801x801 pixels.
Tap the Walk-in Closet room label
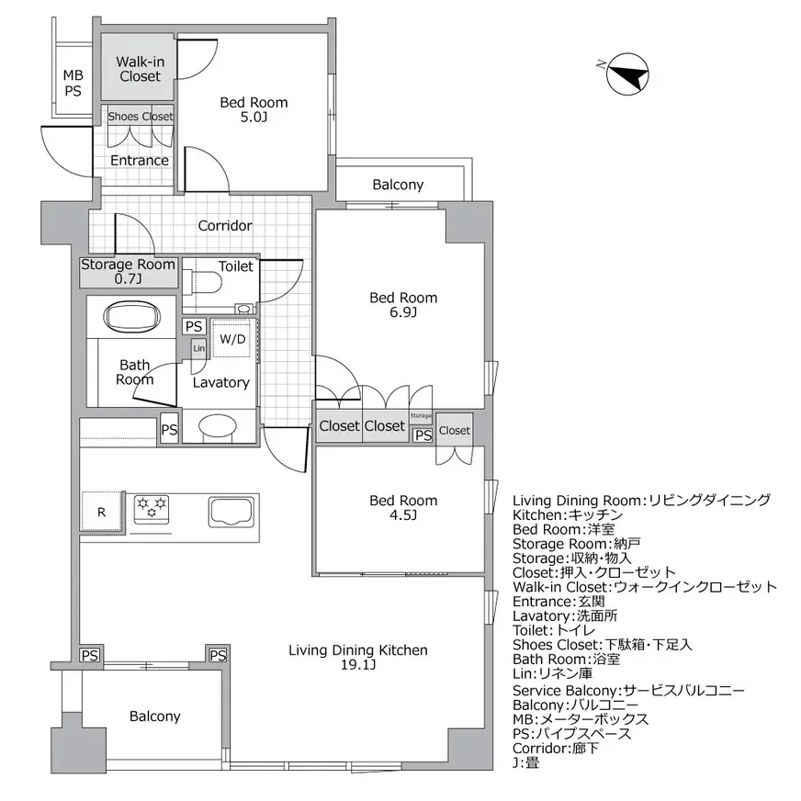pos(140,69)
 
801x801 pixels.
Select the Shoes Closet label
pos(140,117)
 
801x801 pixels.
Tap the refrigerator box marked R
pos(102,513)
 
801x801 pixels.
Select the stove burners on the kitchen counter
pos(152,508)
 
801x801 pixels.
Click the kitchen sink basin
pos(232,511)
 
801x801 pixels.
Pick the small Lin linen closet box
pos(198,349)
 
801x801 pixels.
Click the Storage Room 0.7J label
pos(128,271)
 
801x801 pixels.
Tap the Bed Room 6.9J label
pos(403,305)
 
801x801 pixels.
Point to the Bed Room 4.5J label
pos(403,508)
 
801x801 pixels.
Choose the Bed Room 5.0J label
pos(254,110)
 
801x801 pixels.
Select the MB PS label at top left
pos(72,84)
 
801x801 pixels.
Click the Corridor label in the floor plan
pos(225,225)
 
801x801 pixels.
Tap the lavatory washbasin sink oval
pos(218,427)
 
